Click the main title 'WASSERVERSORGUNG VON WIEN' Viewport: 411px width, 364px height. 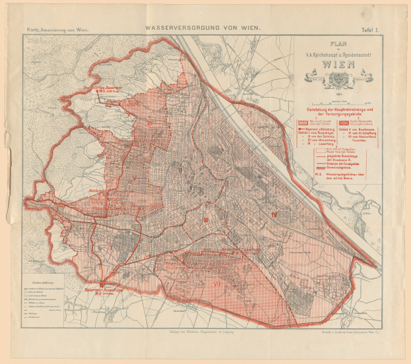(203, 28)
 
